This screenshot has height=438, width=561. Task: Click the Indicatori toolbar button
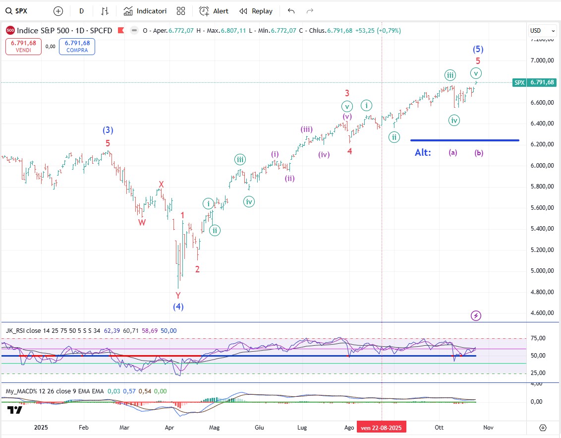[145, 11]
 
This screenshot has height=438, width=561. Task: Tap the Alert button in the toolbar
[214, 11]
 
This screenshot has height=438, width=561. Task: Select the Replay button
[256, 11]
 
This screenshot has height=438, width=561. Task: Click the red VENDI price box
[23, 47]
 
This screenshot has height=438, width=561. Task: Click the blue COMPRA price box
[77, 47]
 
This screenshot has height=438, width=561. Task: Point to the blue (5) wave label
[478, 49]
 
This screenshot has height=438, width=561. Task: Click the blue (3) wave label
[108, 130]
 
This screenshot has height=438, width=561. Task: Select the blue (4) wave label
[178, 307]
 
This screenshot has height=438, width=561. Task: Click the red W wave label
[142, 223]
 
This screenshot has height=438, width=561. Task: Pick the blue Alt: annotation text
[423, 152]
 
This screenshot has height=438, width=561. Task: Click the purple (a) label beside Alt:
[453, 153]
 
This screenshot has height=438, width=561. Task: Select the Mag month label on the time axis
[214, 427]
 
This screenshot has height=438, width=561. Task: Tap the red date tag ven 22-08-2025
[381, 427]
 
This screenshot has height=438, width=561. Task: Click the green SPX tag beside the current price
[519, 82]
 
